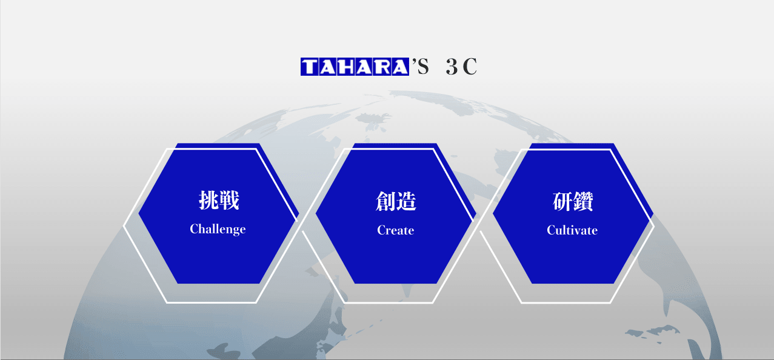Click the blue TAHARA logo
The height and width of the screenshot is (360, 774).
pyautogui.click(x=355, y=67)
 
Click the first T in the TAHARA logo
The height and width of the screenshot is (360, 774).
pyautogui.click(x=310, y=67)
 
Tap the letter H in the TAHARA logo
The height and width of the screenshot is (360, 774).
pyautogui.click(x=346, y=67)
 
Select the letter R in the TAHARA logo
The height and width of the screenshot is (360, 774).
pyautogui.click(x=382, y=67)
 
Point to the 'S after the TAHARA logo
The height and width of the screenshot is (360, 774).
pyautogui.click(x=420, y=67)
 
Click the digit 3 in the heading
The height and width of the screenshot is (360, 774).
pyautogui.click(x=452, y=67)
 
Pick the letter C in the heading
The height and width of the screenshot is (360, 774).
pyautogui.click(x=470, y=67)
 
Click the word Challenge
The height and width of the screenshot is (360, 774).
pyautogui.click(x=218, y=230)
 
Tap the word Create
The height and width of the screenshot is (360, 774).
pyautogui.click(x=396, y=230)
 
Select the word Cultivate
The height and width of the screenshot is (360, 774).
pyautogui.click(x=572, y=230)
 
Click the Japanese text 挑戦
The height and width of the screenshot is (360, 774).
pyautogui.click(x=219, y=200)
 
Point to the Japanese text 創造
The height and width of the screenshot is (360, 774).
pyautogui.click(x=396, y=201)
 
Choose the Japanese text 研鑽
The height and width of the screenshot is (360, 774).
pyautogui.click(x=573, y=201)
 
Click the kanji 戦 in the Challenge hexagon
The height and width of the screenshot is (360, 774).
pyautogui.click(x=229, y=200)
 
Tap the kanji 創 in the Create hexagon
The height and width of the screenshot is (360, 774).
pyautogui.click(x=385, y=201)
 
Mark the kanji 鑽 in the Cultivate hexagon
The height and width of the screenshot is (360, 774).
pyautogui.click(x=583, y=201)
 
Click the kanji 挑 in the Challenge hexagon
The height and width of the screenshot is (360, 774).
pyautogui.click(x=209, y=200)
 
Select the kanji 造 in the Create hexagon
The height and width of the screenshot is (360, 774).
pyautogui.click(x=406, y=201)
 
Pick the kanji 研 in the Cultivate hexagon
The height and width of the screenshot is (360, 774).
pyautogui.click(x=562, y=201)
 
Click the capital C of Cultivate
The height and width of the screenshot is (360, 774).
pyautogui.click(x=551, y=230)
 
